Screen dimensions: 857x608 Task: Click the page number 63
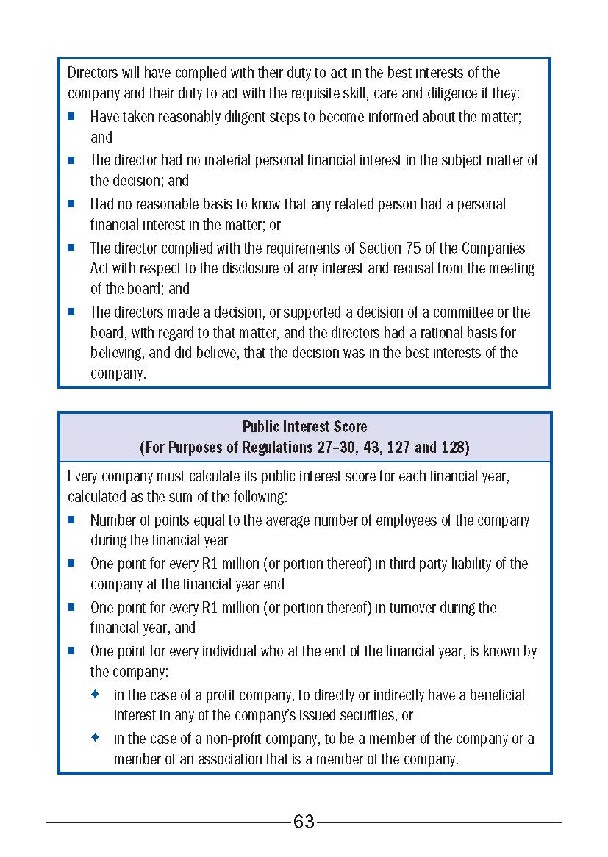[304, 822]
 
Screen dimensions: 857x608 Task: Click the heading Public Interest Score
[304, 426]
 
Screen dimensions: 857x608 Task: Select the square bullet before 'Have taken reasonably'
[71, 116]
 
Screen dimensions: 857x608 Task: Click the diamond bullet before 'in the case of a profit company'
[95, 695]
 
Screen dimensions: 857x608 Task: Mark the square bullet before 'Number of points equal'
[71, 520]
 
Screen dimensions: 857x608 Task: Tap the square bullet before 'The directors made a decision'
[71, 312]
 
